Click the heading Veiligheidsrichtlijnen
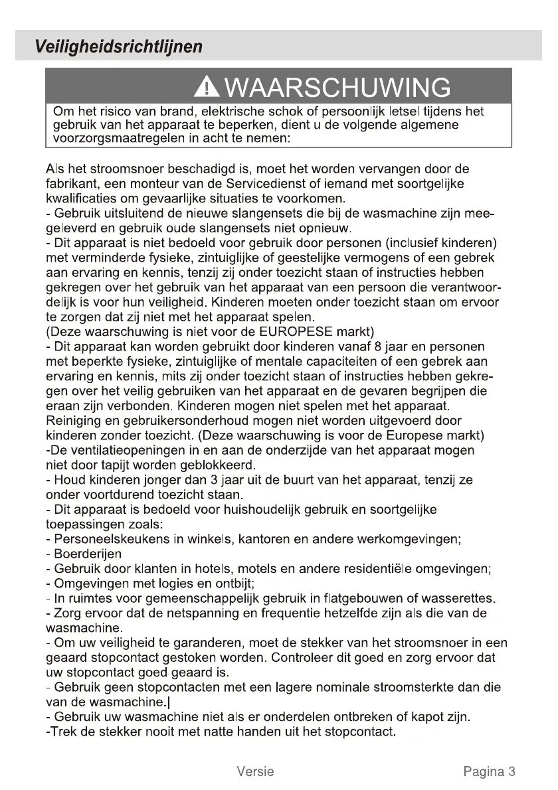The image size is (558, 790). coord(120,47)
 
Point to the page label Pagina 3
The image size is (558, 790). coord(490,771)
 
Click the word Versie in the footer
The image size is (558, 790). coord(255,771)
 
